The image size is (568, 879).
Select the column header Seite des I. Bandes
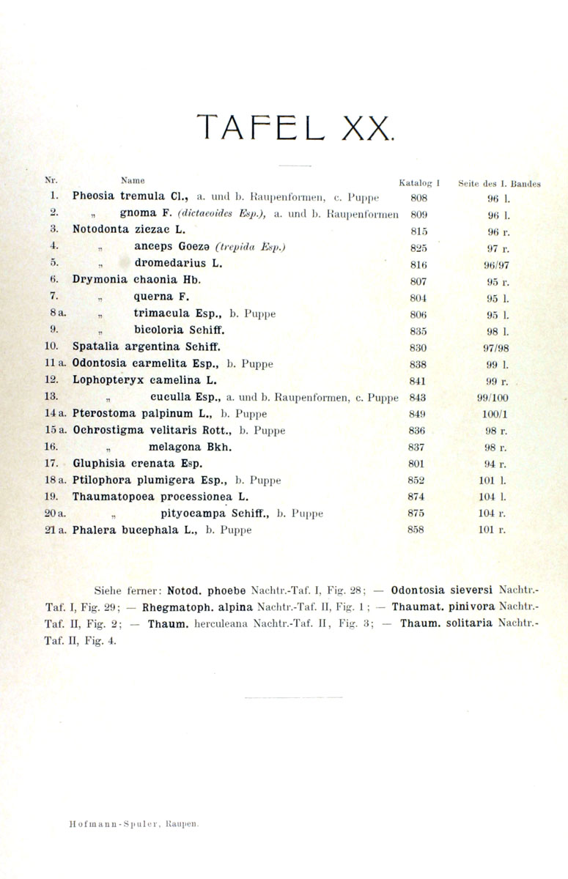click(498, 184)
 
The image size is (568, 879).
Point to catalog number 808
click(413, 197)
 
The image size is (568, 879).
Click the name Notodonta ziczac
click(122, 229)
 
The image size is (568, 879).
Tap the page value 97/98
click(497, 348)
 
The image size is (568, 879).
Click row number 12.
click(51, 380)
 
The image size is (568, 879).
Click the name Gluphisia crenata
click(127, 464)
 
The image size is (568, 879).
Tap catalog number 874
click(416, 497)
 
